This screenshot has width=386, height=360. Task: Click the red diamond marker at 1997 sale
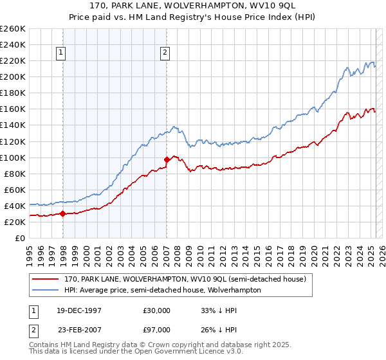coord(63,213)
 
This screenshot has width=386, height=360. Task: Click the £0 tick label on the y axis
coord(19,238)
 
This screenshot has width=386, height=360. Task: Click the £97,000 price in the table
coord(156,330)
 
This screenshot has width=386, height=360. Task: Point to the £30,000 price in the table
coord(156,310)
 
